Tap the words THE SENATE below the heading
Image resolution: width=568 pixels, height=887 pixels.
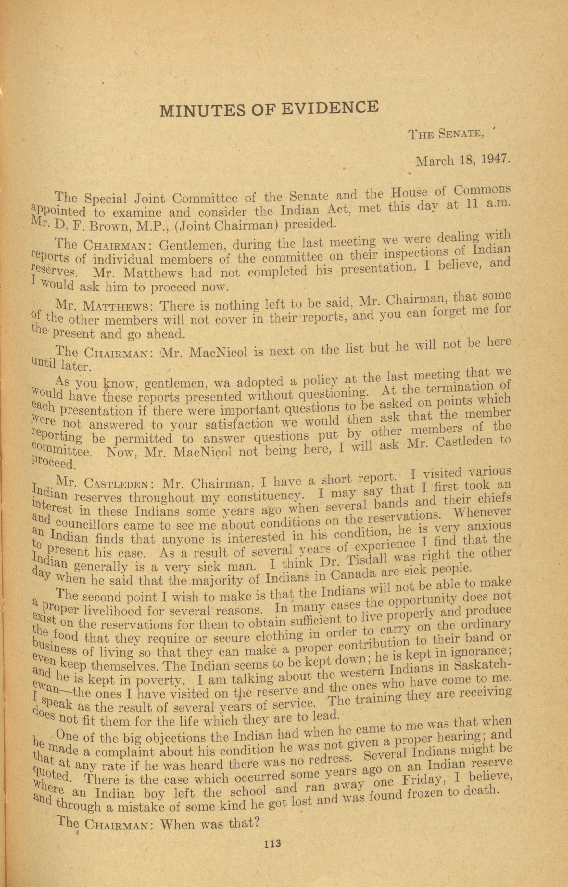coord(446,134)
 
